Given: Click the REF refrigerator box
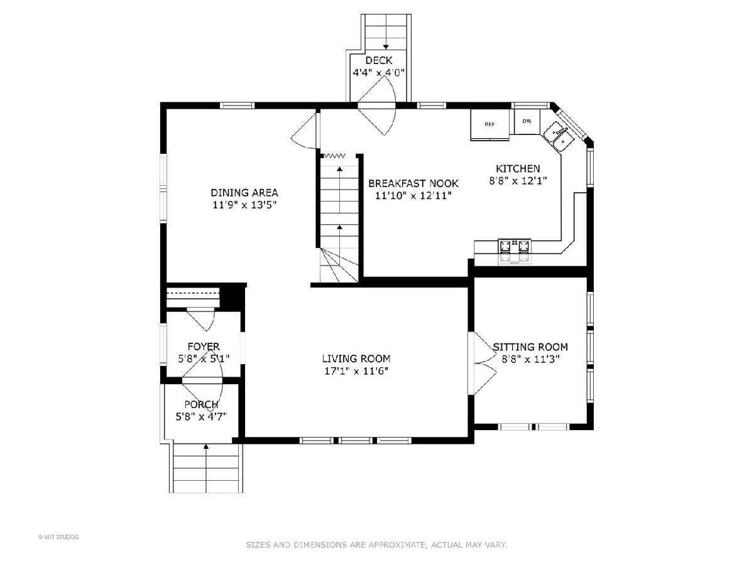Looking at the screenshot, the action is pos(489,124).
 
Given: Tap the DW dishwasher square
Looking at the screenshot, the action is pos(527,121).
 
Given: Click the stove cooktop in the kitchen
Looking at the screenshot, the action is pos(514,252).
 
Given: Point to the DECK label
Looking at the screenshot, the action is pos(378,60).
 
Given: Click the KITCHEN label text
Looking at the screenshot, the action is pos(518,168).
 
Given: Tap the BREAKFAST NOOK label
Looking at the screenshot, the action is pos(413,183).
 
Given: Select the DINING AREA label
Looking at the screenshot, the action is pos(244,193).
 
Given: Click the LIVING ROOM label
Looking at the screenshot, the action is pos(356,358).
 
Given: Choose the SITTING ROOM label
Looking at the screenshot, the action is pos(530,347).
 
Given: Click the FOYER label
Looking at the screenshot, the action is pos(204,346).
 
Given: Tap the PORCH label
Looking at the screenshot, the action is pos(201,404).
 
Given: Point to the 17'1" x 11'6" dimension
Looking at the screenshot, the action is pos(356,371).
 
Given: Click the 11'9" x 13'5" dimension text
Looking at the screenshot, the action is pos(244,205).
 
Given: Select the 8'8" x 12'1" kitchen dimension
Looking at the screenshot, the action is pos(518,180).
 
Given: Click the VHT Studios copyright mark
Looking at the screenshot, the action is pos(58,537).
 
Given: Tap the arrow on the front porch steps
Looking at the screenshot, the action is pos(206,468).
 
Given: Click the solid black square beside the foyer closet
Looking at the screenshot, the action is pos(231,298).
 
